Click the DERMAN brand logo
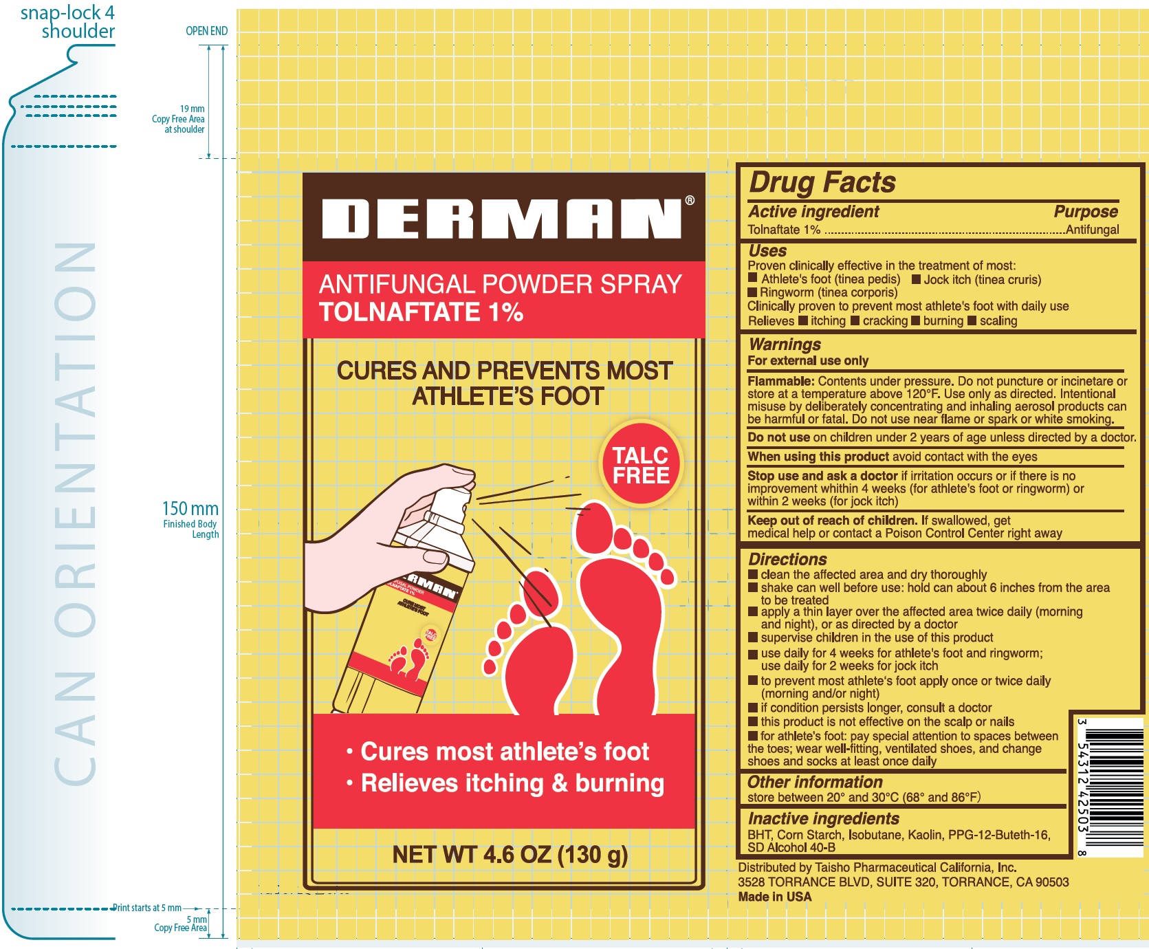(501, 219)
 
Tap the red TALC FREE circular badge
(641, 466)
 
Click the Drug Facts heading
(822, 182)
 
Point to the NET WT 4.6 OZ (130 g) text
(510, 855)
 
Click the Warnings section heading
(785, 344)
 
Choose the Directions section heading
(787, 559)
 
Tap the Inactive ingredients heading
(823, 818)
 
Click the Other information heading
(815, 782)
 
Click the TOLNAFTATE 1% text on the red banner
(421, 312)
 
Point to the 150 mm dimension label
(190, 509)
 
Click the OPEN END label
(206, 31)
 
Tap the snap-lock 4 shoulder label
(68, 22)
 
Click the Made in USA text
(774, 897)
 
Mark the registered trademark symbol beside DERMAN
(690, 200)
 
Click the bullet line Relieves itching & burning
(512, 783)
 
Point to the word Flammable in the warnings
(780, 381)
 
